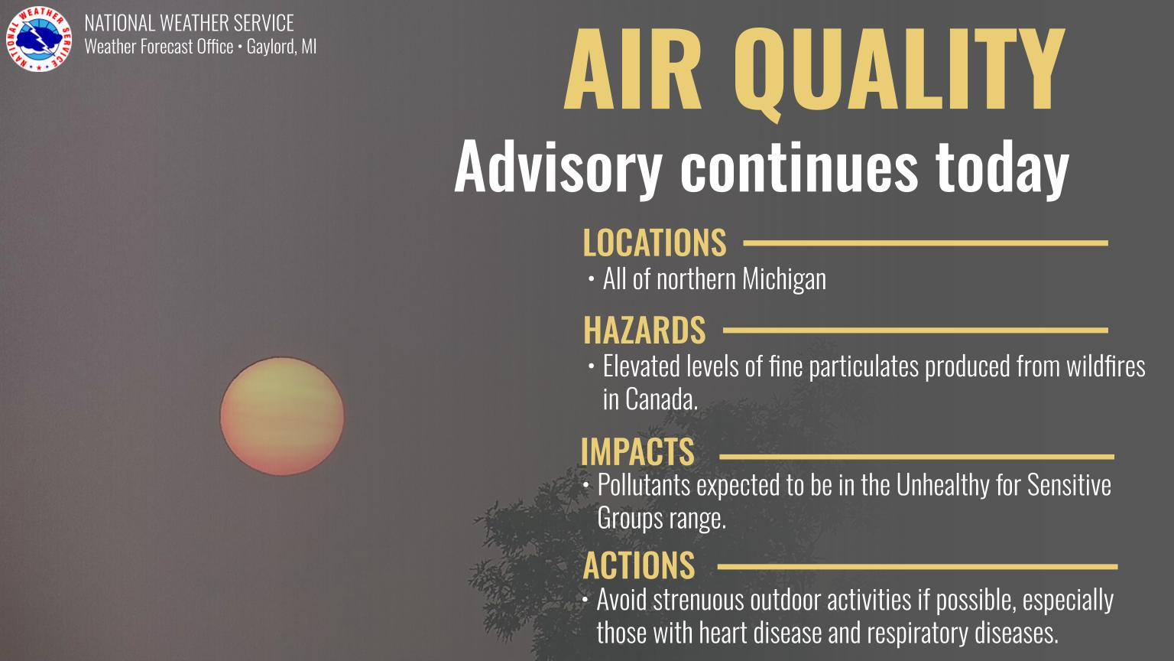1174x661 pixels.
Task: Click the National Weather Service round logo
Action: [x=39, y=39]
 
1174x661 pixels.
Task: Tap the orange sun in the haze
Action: [x=282, y=416]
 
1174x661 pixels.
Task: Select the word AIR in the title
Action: [x=633, y=70]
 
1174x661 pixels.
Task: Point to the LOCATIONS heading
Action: [x=654, y=243]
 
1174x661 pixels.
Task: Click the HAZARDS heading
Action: [x=644, y=330]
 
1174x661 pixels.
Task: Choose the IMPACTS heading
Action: [x=637, y=451]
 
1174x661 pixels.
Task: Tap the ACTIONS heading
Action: [x=639, y=565]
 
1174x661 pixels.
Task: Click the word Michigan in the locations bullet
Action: [x=784, y=279]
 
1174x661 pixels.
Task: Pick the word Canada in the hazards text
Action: [x=650, y=400]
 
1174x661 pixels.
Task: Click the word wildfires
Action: [x=1106, y=366]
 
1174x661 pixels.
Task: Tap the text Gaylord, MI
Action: [x=281, y=47]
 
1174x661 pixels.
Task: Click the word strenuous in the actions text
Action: [x=699, y=600]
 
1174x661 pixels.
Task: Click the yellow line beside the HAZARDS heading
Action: [x=915, y=330]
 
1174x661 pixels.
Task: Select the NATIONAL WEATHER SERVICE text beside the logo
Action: [x=190, y=23]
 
